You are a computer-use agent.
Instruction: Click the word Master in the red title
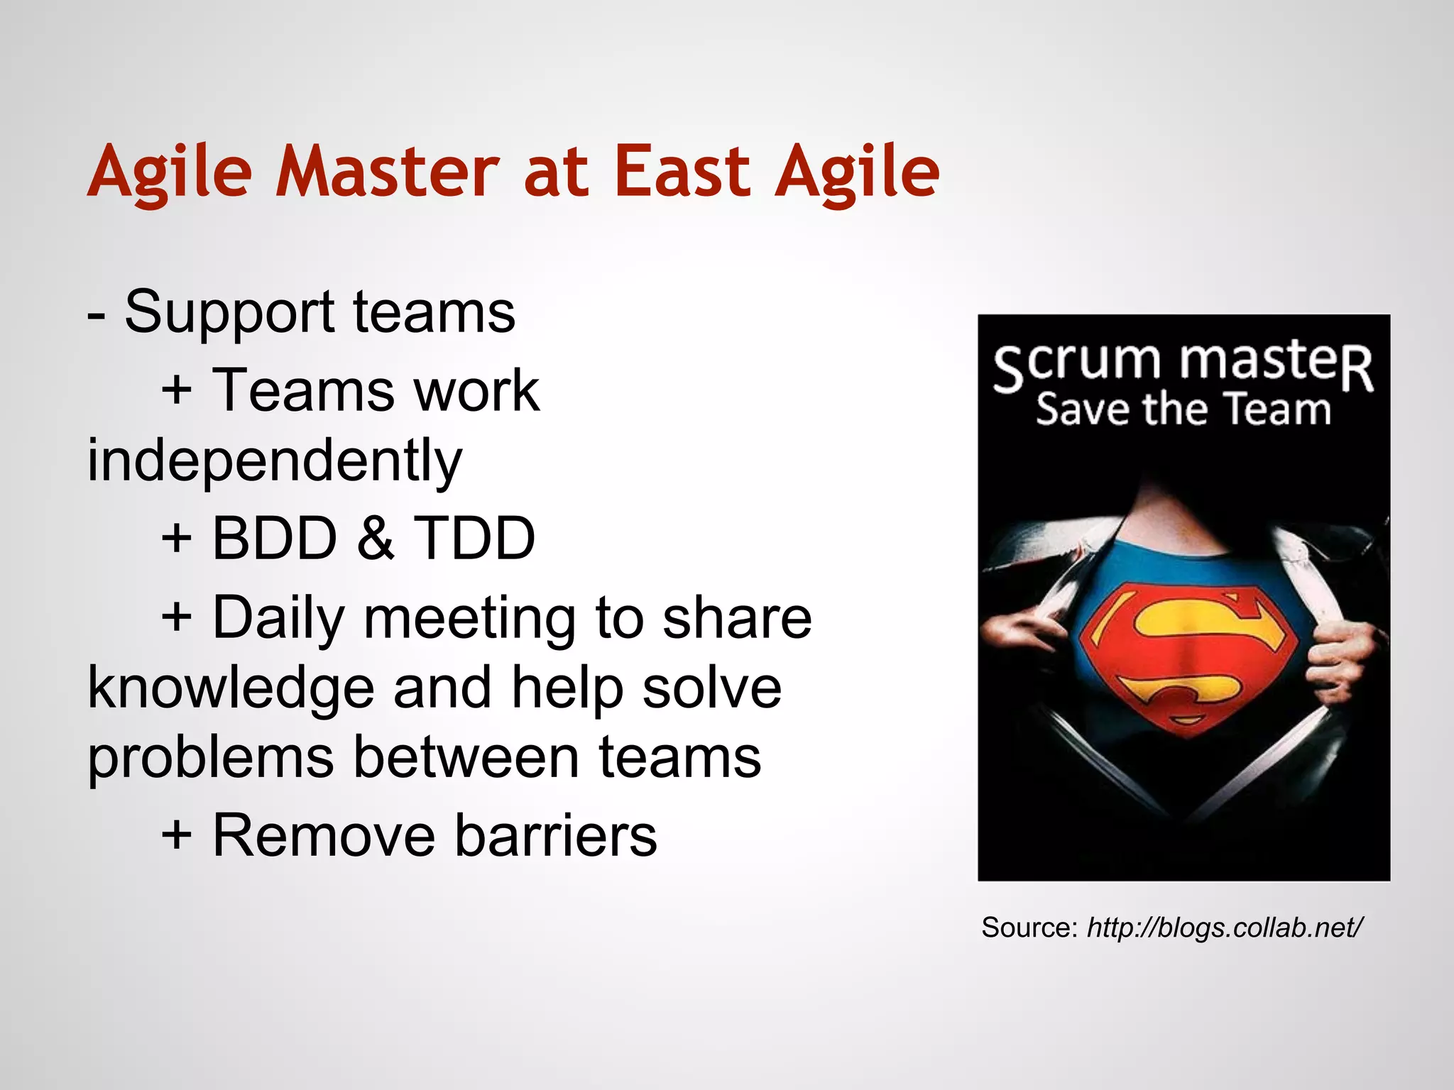387,172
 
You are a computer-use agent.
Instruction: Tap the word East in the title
681,172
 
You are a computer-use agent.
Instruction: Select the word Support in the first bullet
229,313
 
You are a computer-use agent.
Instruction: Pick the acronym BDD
274,539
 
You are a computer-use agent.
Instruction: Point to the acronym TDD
474,539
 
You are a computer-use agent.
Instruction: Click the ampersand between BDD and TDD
375,539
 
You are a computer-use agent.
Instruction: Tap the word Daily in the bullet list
278,618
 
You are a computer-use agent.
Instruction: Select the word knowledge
231,688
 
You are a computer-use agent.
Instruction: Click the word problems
210,758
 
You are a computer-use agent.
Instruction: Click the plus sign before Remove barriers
176,836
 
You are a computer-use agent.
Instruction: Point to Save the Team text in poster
1183,410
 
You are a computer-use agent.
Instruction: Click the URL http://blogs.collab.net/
1224,927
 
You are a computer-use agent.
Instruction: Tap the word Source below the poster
1029,927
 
